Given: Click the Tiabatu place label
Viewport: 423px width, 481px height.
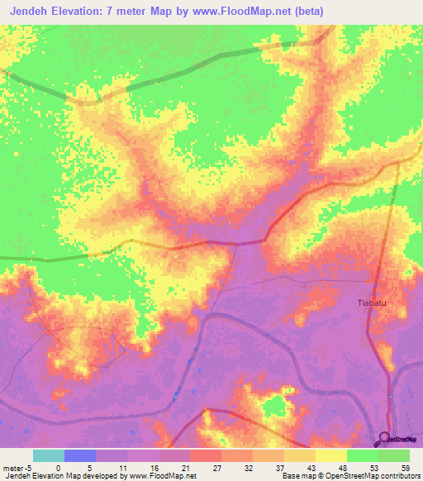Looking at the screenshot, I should click(371, 303).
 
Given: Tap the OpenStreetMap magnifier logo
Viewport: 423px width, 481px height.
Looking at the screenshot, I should click(384, 440).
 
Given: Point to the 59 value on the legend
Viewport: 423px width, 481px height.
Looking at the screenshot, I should click(404, 467).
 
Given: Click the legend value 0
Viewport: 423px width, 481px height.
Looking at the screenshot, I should click(58, 467).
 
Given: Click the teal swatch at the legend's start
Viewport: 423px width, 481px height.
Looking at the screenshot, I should click(48, 455).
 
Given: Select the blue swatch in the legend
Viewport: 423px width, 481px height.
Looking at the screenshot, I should click(79, 455).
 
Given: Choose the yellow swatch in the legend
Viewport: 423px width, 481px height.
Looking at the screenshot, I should click(331, 455).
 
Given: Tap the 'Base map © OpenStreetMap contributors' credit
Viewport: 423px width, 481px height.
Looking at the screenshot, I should click(349, 476).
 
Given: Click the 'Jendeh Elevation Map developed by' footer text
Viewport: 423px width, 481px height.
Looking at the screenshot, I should click(55, 476).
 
